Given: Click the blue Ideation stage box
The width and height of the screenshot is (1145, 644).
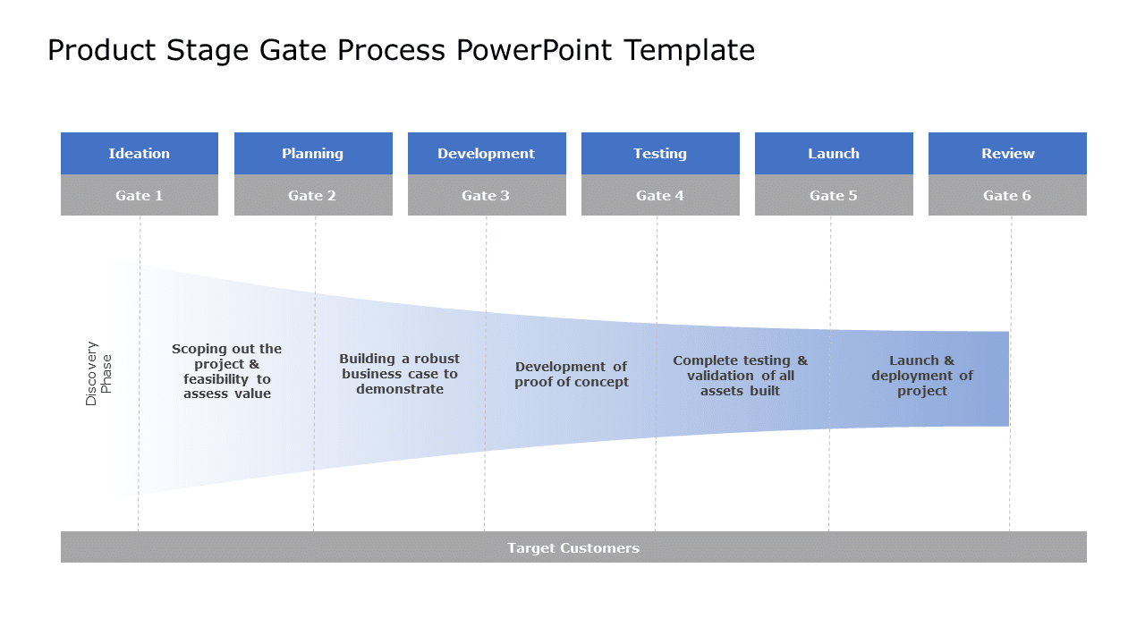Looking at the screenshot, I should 139,153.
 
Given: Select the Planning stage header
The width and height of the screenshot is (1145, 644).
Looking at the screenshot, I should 312,153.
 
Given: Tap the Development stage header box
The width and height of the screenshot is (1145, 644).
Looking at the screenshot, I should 486,153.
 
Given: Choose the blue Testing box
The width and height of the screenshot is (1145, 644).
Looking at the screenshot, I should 659,153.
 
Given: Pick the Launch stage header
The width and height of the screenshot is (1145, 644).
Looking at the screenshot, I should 833,153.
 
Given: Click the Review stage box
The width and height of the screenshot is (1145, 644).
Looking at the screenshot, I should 1006,153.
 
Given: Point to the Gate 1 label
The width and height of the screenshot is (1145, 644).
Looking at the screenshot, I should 139,195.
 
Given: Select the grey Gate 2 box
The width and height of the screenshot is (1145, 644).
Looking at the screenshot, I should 312,195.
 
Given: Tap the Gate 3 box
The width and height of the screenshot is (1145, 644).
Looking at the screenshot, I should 486,195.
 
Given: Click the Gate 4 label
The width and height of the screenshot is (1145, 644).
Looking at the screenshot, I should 659,195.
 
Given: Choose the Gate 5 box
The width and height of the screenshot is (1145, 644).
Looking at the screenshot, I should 833,195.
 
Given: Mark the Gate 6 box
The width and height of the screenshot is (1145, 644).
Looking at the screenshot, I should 1006,195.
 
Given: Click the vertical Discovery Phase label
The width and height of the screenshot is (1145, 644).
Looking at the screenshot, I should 98,373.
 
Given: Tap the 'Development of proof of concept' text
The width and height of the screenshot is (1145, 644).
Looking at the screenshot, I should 571,374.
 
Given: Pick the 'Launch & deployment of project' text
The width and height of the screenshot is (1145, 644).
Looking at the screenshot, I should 921,376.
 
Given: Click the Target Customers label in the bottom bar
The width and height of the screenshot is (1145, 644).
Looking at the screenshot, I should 572,547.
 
